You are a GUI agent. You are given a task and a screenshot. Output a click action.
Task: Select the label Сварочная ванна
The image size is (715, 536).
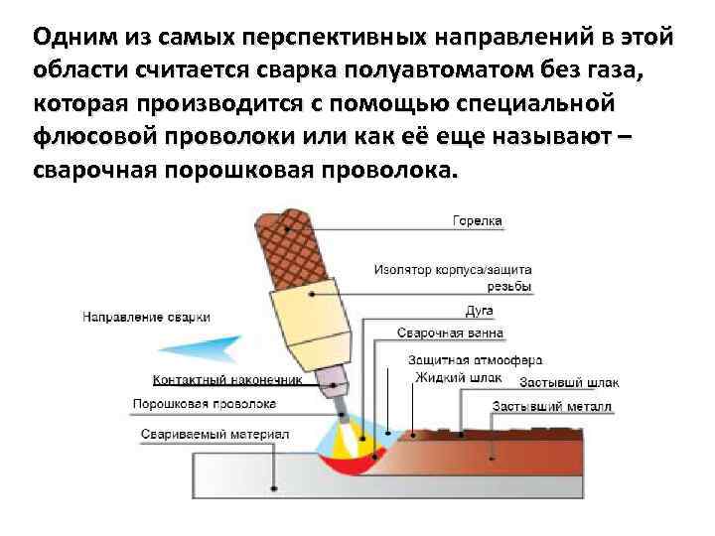[x=450, y=333]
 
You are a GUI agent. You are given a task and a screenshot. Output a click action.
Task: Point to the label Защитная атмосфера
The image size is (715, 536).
[x=475, y=359]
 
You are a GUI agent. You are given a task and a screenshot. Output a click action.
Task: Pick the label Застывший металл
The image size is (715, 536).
[x=552, y=407]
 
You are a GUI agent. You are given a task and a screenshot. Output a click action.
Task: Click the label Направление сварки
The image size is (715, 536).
[x=146, y=317]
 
